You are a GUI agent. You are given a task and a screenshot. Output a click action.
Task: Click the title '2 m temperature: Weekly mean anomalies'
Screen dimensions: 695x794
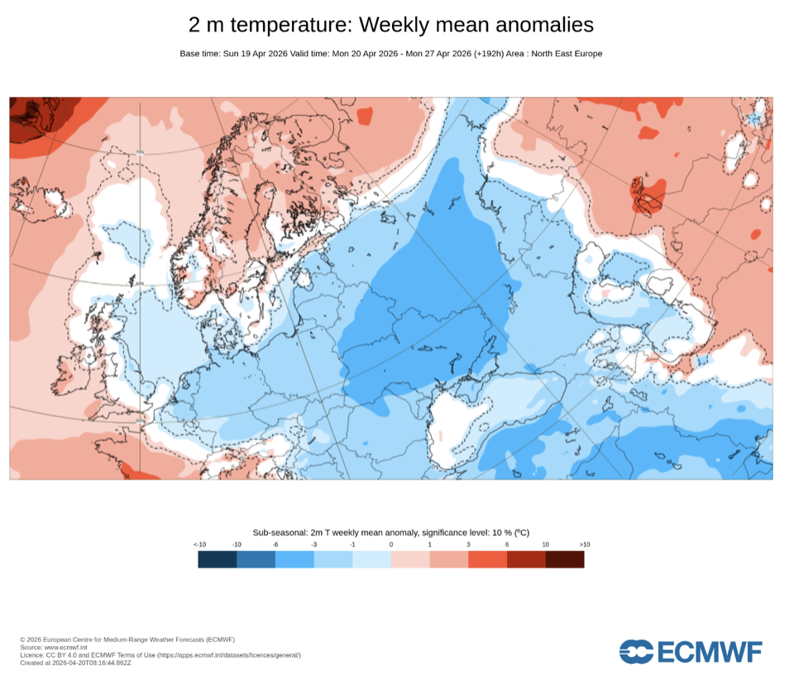pos(391,25)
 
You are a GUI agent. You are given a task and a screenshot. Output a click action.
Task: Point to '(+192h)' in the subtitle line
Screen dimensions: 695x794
pos(490,54)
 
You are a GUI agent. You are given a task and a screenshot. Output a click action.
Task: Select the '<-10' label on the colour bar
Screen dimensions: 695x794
pos(200,544)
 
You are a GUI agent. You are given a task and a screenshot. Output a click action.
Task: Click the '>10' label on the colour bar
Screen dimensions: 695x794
pos(584,544)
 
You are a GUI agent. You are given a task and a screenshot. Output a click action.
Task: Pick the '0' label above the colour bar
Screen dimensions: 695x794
pos(391,544)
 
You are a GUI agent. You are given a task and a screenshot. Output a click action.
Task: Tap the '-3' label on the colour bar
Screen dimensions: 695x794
pos(314,544)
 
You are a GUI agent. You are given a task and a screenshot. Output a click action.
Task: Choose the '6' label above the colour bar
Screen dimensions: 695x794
pos(507,544)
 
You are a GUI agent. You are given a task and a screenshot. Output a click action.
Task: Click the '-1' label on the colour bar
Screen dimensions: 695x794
pos(352,544)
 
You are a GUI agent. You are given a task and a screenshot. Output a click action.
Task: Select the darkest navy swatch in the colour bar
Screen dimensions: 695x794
pos(218,559)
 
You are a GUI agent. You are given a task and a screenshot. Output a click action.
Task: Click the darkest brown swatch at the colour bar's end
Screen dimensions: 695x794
pos(565,559)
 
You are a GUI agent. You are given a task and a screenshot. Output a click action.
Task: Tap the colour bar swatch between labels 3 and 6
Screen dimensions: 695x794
pos(488,559)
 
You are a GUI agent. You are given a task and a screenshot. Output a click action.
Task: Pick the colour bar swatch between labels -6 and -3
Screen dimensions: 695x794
pos(294,559)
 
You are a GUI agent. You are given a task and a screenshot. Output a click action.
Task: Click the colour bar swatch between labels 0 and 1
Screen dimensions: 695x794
pos(410,559)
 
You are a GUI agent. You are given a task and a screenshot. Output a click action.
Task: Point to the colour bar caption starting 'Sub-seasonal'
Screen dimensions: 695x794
pos(391,534)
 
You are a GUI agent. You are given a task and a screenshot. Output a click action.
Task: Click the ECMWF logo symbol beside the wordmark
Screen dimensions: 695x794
pos(637,651)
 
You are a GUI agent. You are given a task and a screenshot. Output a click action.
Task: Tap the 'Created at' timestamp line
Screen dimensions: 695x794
pos(75,663)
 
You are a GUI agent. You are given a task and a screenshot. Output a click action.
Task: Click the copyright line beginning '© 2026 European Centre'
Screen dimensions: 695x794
pos(127,640)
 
